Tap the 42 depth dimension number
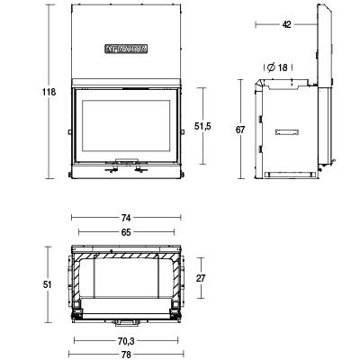coord(287,24)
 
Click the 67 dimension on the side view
coord(240,130)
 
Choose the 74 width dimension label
coord(126,219)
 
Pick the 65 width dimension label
coord(126,232)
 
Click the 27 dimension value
coord(202,279)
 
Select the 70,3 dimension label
coord(126,341)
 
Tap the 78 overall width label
coord(126,354)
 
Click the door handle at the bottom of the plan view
coord(126,319)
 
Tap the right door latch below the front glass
coord(141,166)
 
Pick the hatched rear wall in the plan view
coord(126,257)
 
